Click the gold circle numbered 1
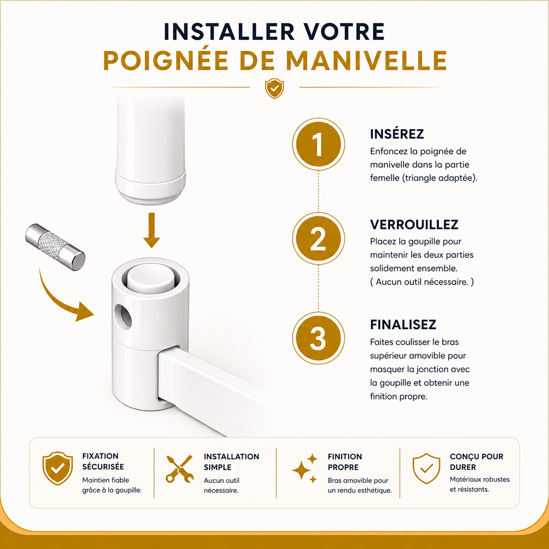tap(318, 144)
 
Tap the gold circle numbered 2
tap(318, 238)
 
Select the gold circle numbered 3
tap(318, 338)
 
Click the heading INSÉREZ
tap(397, 134)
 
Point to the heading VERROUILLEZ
tap(414, 225)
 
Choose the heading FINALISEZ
tap(403, 324)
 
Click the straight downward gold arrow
tap(152, 230)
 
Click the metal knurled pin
tap(55, 247)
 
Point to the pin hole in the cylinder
tap(122, 316)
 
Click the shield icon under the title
tap(274, 88)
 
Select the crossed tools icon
tap(180, 468)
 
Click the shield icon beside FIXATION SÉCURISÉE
tap(58, 468)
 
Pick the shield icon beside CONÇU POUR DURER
tap(426, 468)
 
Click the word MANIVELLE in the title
tap(366, 60)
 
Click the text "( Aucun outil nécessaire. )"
tap(422, 282)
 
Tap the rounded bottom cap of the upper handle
tap(150, 186)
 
